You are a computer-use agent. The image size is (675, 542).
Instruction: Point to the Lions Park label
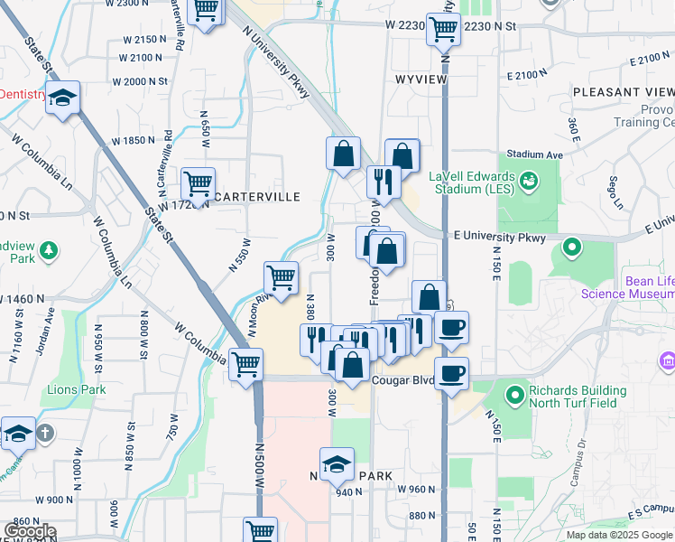[77, 390]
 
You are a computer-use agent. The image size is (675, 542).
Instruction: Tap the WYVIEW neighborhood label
[420, 79]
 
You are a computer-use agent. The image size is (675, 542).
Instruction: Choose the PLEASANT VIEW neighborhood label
[623, 92]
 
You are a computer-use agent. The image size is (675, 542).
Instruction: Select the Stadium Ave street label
[534, 155]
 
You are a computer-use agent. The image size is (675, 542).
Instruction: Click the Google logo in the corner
[30, 532]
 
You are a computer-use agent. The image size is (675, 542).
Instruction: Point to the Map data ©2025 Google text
[619, 535]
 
